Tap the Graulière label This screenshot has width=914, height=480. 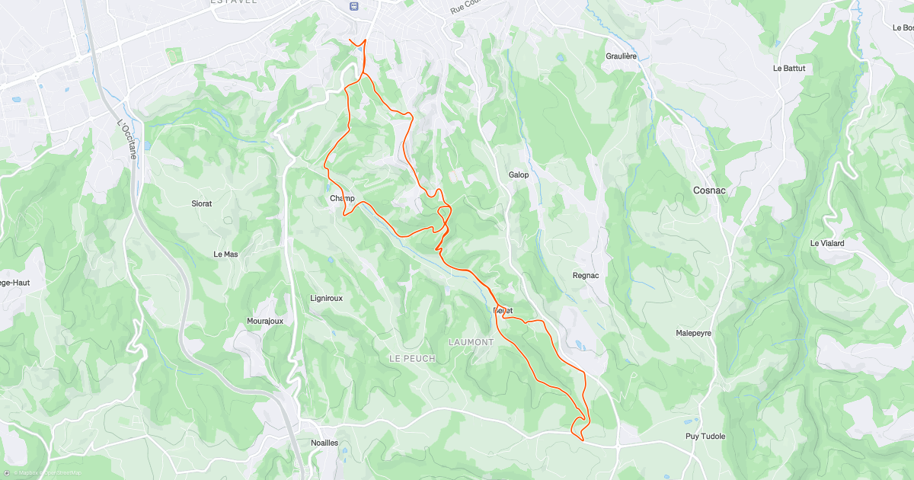coord(621,56)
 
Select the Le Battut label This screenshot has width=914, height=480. coord(788,68)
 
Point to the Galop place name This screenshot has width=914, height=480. coord(519,174)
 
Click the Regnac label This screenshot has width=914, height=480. coord(586,275)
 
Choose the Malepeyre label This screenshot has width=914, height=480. coord(693,333)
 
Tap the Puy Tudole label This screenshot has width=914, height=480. coord(705,437)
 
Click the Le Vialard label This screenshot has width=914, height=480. coord(827,243)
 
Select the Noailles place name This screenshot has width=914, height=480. coord(324,443)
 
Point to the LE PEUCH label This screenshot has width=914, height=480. coord(412,358)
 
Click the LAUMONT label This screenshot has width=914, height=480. coord(471,342)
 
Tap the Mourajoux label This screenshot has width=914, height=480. coord(265,321)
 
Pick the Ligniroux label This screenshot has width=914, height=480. coord(327,298)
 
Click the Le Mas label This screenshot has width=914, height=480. coord(225,254)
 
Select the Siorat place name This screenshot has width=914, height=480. coord(201,203)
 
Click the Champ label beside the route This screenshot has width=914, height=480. coord(342,198)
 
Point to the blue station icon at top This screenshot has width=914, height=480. coord(353,5)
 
